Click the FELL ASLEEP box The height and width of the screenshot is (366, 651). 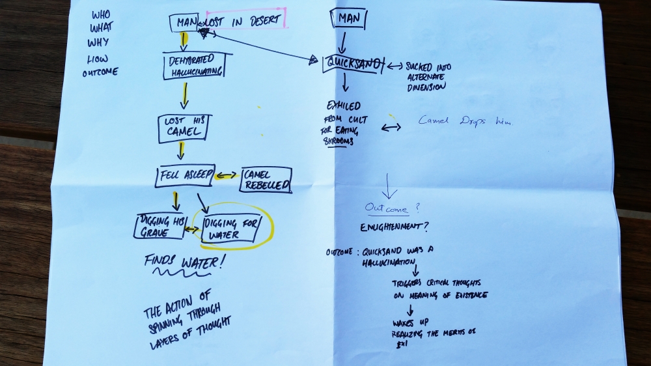point(185,175)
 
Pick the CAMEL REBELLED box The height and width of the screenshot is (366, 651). point(266,180)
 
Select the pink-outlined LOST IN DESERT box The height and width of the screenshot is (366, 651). point(245,21)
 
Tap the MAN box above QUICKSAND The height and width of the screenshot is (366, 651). point(346,18)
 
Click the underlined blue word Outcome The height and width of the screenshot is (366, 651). point(387,208)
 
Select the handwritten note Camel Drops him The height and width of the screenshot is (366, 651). point(465,121)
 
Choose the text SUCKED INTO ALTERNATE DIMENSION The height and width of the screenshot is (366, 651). point(428,76)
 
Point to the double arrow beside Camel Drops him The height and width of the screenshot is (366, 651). point(391,127)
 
